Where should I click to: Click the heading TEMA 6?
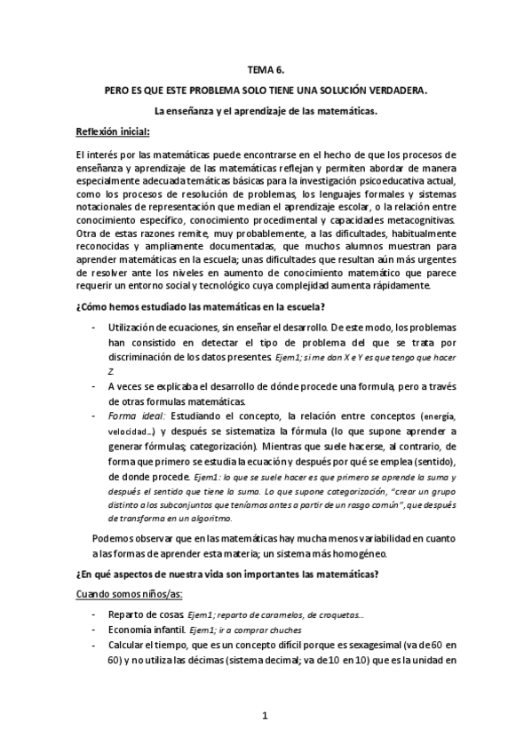click(x=266, y=70)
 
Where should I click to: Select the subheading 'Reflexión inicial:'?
click(x=113, y=132)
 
